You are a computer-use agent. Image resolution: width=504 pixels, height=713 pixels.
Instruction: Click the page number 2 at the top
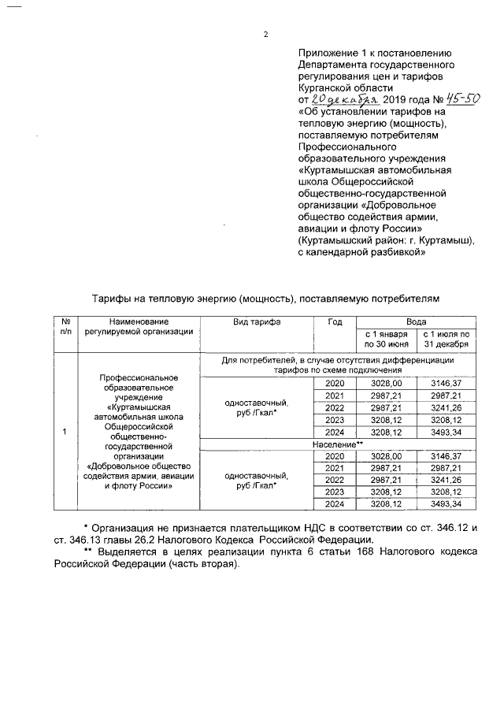click(266, 35)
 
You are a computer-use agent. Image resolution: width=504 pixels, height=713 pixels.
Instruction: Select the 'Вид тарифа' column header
click(257, 322)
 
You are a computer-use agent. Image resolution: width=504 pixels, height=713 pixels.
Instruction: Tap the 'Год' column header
click(335, 322)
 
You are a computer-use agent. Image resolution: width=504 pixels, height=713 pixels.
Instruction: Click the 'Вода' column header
click(416, 322)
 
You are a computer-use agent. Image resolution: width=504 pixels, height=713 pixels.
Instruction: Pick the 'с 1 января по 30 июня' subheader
click(385, 340)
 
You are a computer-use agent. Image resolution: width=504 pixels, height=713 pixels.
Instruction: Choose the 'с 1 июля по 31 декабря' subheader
click(446, 340)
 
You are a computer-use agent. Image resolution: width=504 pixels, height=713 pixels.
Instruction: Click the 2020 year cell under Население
click(335, 456)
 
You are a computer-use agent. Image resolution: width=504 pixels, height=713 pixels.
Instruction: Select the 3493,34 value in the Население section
click(446, 503)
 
